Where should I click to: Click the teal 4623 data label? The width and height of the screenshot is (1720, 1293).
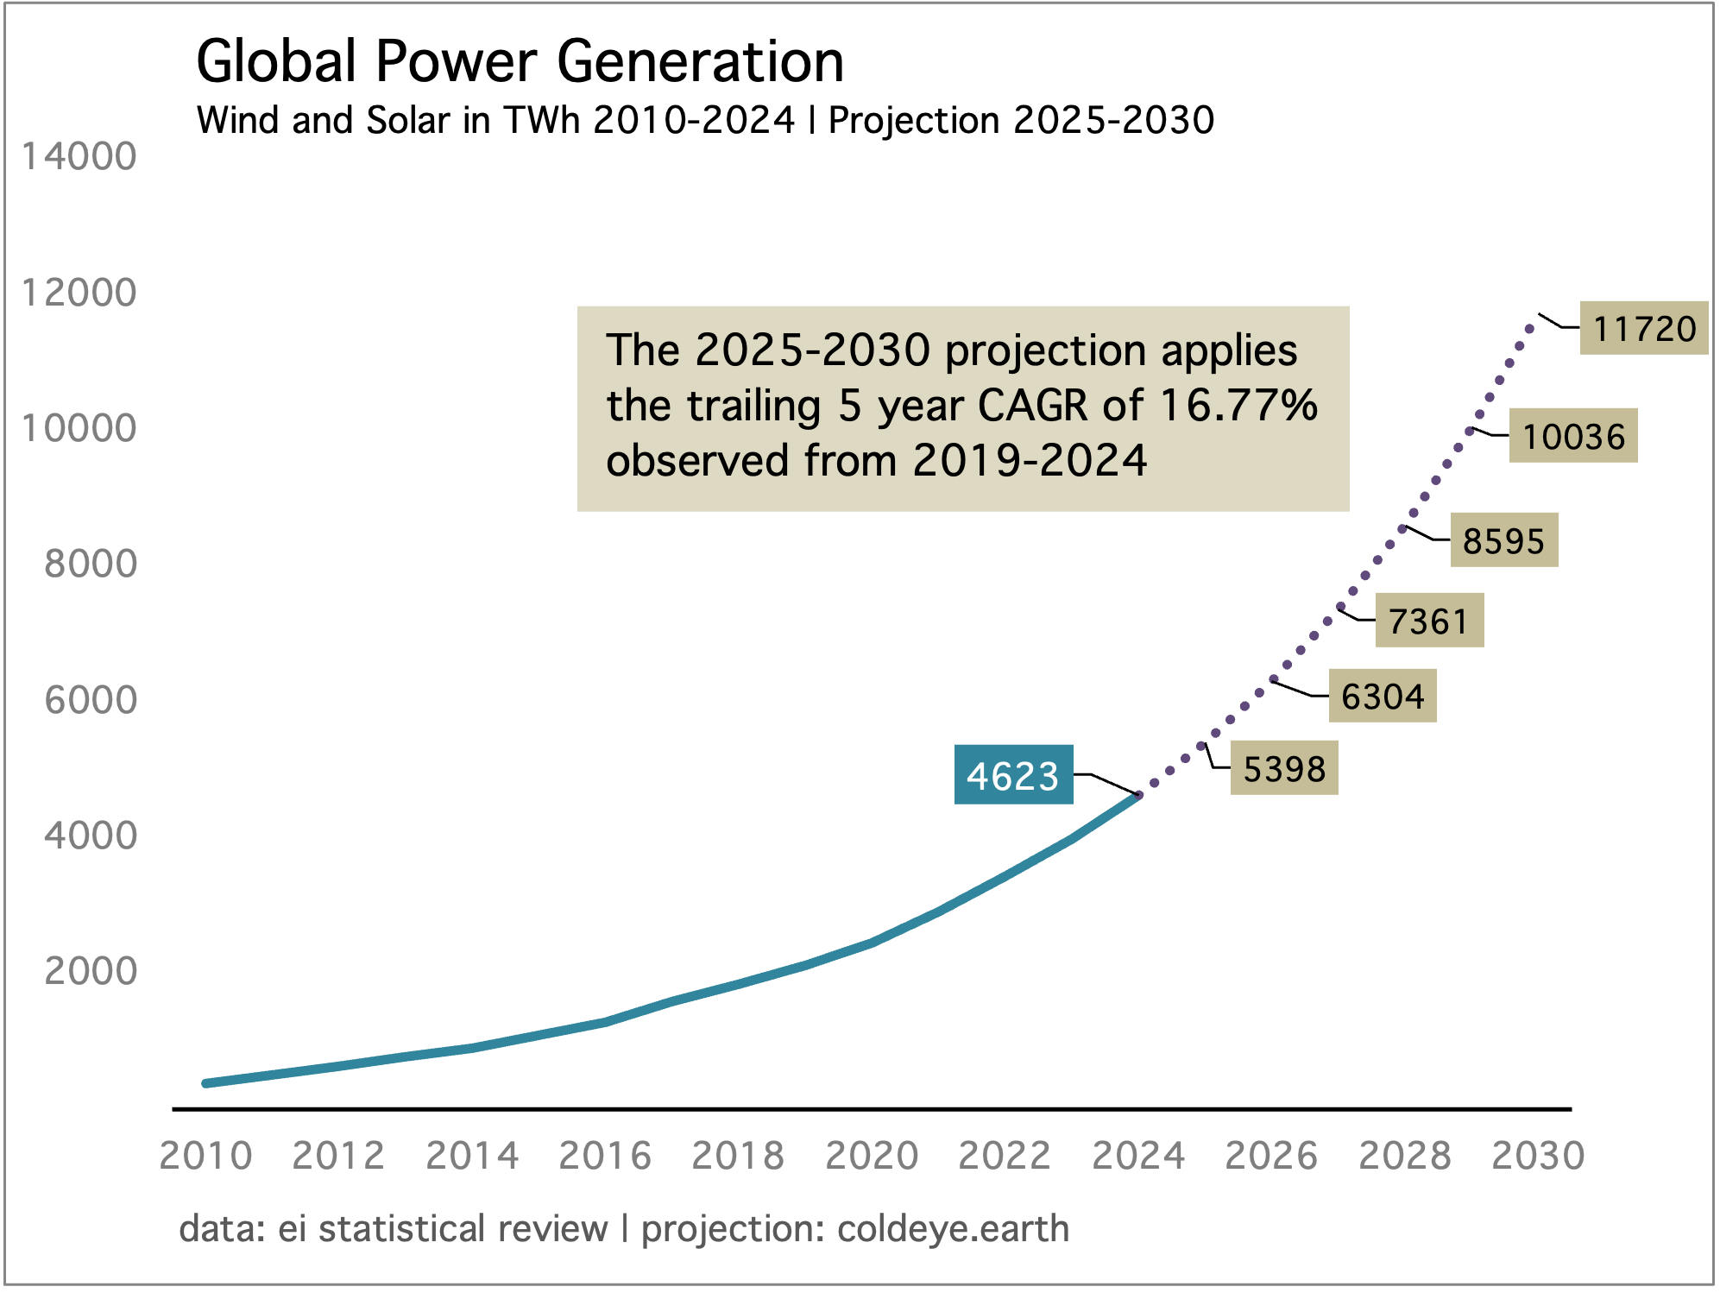(x=1013, y=775)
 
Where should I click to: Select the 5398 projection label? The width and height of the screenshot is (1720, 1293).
(x=1283, y=768)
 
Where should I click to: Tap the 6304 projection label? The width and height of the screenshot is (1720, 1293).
(x=1382, y=696)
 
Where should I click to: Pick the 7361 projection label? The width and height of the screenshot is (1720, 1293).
(x=1428, y=621)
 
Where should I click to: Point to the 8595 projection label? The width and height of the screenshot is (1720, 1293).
(x=1503, y=540)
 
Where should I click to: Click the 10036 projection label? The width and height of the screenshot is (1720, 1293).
(x=1572, y=436)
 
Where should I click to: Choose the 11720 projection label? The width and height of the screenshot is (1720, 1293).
(x=1643, y=328)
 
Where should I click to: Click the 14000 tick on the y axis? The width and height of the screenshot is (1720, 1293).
(x=79, y=156)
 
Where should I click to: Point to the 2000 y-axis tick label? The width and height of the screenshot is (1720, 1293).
(x=90, y=971)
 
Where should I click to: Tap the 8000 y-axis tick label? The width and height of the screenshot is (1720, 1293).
(x=90, y=564)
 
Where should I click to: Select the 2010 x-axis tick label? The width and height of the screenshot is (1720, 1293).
(x=205, y=1156)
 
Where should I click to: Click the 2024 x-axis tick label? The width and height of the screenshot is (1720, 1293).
(x=1138, y=1156)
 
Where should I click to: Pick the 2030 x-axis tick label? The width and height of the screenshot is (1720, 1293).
(x=1538, y=1156)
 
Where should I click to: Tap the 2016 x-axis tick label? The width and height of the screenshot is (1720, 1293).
(x=605, y=1156)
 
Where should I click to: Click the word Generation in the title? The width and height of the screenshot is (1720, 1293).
(x=700, y=62)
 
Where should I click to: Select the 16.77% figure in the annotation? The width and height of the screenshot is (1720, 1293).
(x=1238, y=405)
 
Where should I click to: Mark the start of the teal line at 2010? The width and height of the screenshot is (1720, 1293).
(x=206, y=1083)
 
